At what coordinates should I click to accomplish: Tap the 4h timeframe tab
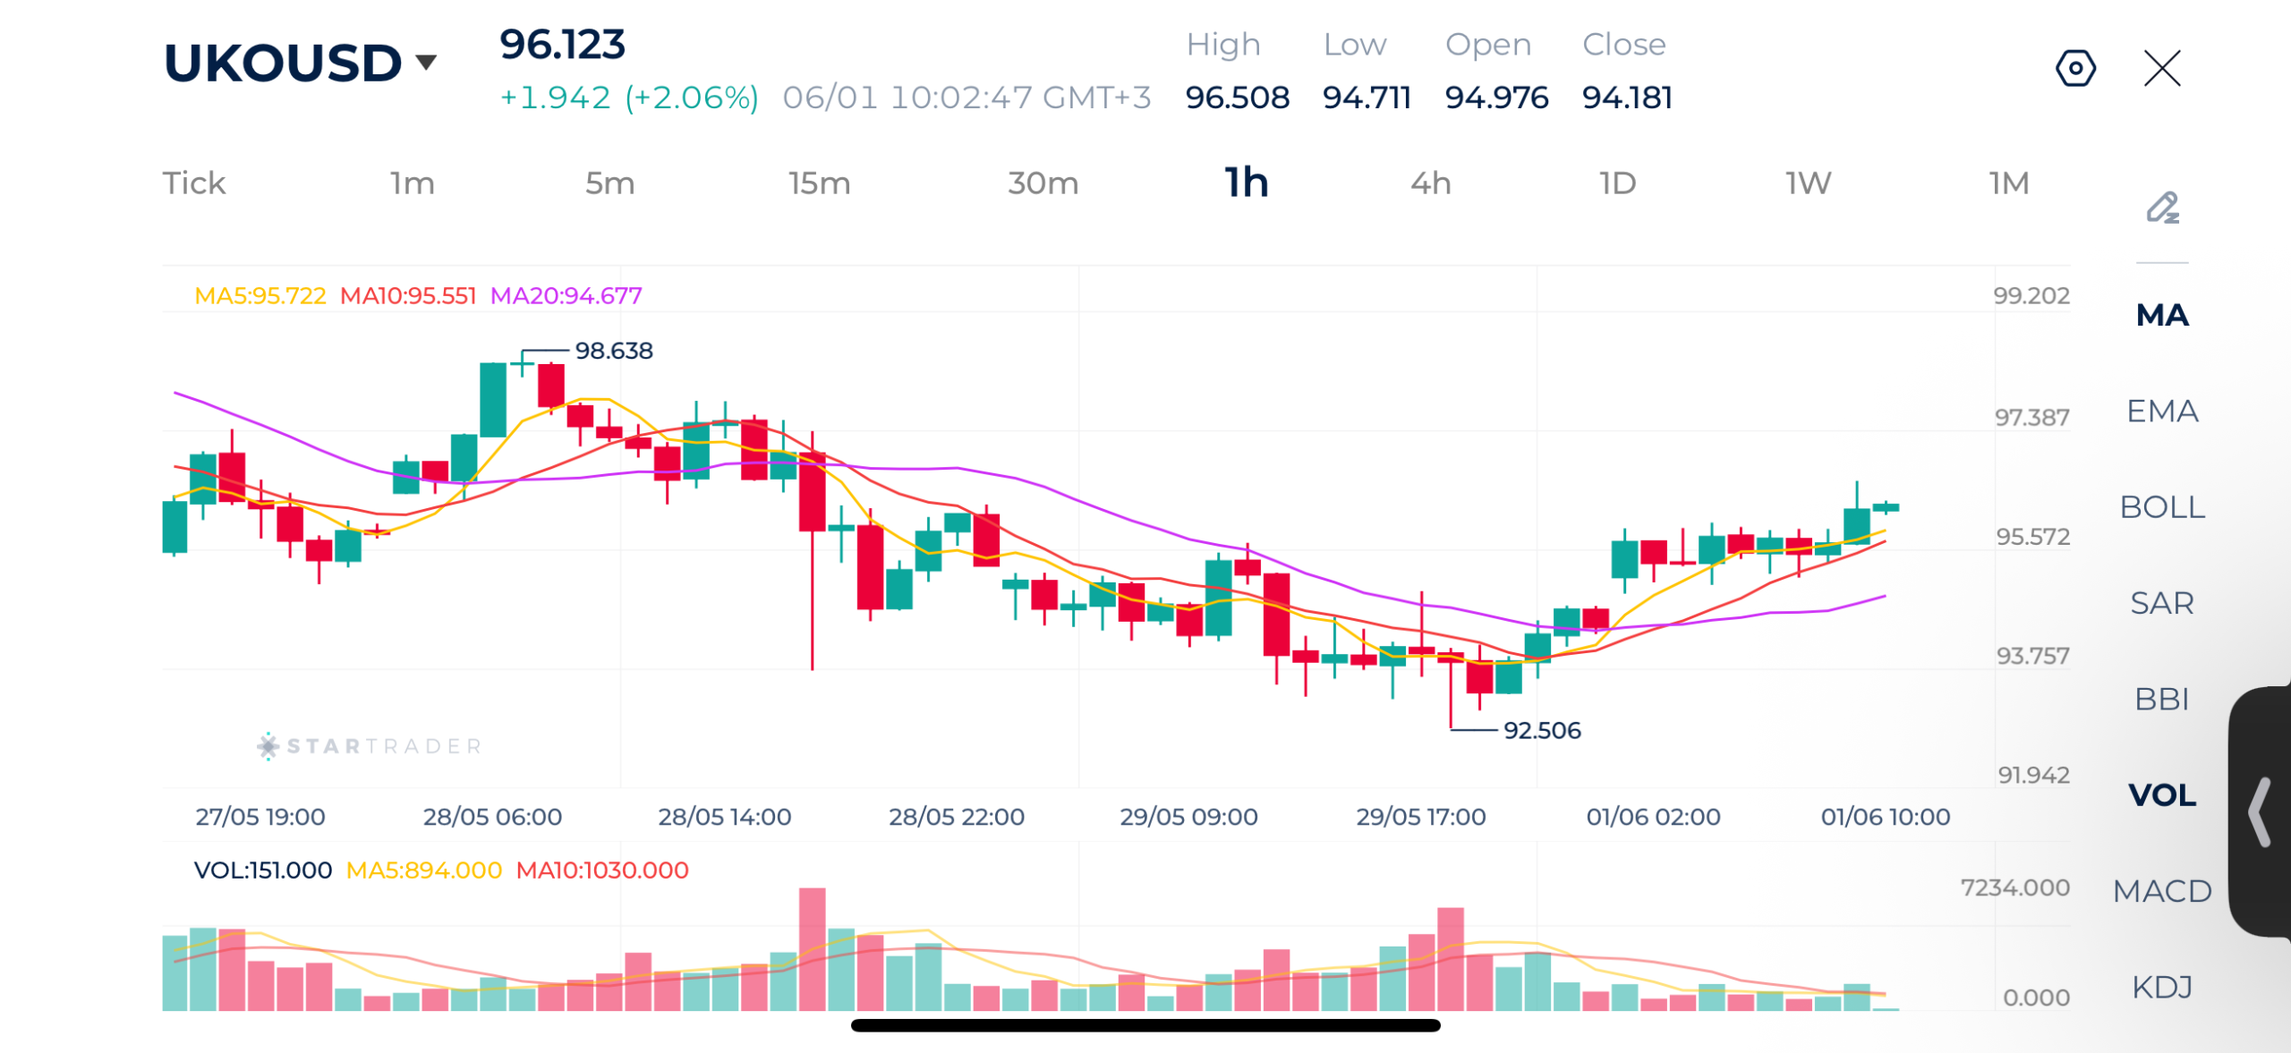tap(1430, 183)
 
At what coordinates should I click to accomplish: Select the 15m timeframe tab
tap(819, 183)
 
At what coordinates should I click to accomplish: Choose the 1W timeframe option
tap(1809, 183)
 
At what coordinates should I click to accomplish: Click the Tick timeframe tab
tap(194, 183)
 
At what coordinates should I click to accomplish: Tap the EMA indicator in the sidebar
tap(2162, 412)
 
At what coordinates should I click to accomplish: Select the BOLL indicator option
tap(2162, 507)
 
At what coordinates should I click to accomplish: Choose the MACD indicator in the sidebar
tap(2162, 891)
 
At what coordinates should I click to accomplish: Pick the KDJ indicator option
tap(2162, 987)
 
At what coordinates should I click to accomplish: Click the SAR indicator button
tap(2162, 603)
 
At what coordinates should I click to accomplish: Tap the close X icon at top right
tap(2162, 68)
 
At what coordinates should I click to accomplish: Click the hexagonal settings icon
tap(2075, 68)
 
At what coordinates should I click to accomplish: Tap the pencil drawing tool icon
tap(2163, 208)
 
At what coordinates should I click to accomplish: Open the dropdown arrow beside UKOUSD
tap(426, 62)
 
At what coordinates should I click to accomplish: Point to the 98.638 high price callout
tap(614, 351)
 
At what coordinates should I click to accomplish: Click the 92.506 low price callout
tap(1542, 730)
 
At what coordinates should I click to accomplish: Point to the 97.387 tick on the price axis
tap(2031, 417)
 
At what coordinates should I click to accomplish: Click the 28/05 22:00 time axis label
tap(956, 817)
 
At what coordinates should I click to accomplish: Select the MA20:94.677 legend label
tap(566, 295)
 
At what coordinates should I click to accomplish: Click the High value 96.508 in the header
tap(1237, 98)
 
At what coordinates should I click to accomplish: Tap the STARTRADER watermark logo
tap(370, 745)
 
